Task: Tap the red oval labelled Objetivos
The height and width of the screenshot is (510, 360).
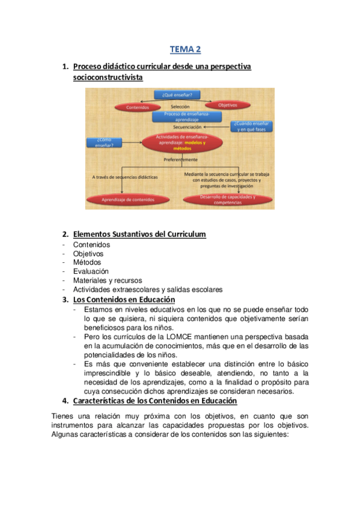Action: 227,105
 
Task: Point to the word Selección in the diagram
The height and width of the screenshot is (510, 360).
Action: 180,106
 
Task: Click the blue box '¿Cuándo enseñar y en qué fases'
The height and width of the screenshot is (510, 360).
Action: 253,126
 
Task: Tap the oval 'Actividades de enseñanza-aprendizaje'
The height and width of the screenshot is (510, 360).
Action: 181,143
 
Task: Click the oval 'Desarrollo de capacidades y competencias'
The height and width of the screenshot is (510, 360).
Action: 227,200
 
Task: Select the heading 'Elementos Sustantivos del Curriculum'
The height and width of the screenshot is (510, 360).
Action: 139,234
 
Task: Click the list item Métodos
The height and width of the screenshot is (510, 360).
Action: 87,262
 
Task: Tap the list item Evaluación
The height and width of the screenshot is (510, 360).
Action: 91,271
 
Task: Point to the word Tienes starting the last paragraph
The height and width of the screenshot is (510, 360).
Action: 63,416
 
